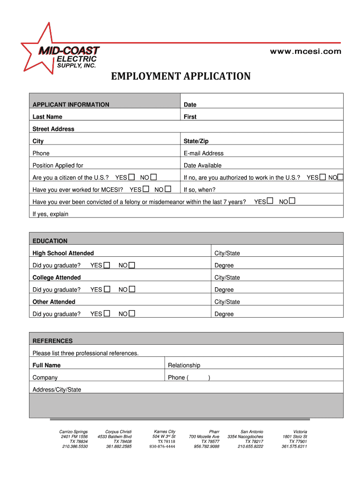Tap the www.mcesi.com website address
pyautogui.click(x=306, y=51)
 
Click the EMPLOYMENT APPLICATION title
pyautogui.click(x=180, y=76)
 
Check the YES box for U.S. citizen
pyautogui.click(x=131, y=177)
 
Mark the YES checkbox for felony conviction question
pyautogui.click(x=270, y=202)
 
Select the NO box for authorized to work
pyautogui.click(x=340, y=177)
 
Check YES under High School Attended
pyautogui.click(x=107, y=265)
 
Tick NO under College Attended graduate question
pyautogui.click(x=132, y=290)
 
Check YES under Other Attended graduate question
pyautogui.click(x=107, y=314)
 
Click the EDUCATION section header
pyautogui.click(x=50, y=241)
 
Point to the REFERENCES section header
pyautogui.click(x=52, y=341)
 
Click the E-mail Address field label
pyautogui.click(x=203, y=153)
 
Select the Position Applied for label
pyautogui.click(x=58, y=165)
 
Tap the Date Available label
pyautogui.click(x=202, y=165)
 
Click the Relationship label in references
pyautogui.click(x=184, y=365)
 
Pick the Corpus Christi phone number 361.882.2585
pyautogui.click(x=119, y=447)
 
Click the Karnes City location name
pyautogui.click(x=165, y=431)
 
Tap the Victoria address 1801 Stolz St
pyautogui.click(x=295, y=436)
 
